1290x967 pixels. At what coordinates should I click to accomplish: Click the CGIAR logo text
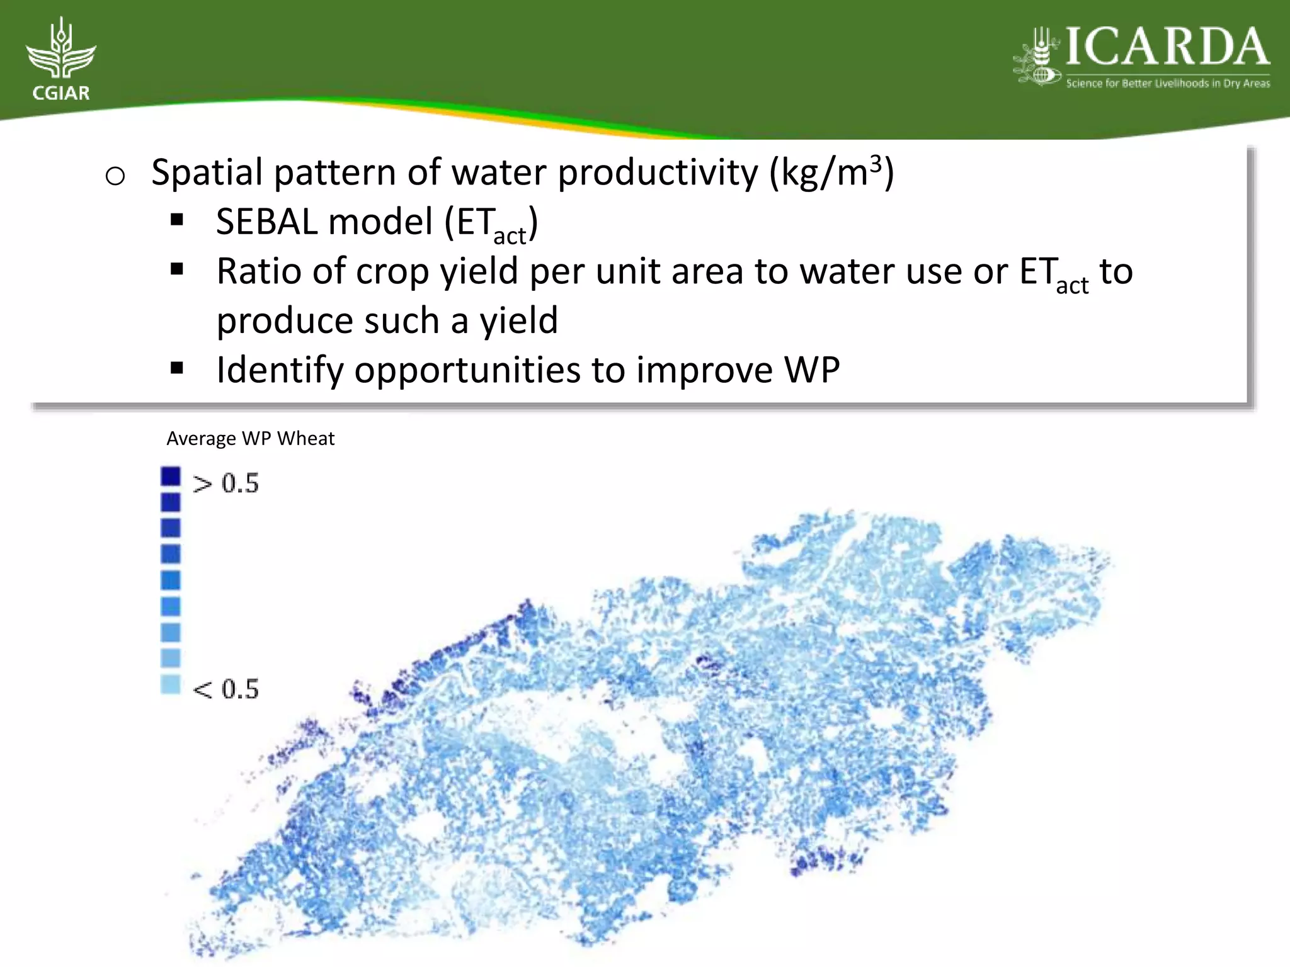[x=61, y=93]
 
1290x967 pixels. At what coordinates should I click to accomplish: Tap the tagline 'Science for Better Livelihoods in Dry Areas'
[x=1168, y=83]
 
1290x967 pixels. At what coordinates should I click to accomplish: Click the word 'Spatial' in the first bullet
[x=207, y=172]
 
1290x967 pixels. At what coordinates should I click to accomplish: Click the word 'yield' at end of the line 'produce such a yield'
[x=519, y=321]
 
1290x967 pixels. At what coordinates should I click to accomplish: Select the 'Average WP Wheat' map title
[x=250, y=438]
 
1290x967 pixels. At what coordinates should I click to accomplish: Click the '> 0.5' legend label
[x=225, y=483]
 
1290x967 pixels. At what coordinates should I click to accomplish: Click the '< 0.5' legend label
[x=225, y=689]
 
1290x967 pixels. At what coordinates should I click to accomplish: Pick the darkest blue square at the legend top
[x=171, y=476]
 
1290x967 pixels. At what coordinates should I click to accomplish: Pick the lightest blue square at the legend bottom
[x=171, y=684]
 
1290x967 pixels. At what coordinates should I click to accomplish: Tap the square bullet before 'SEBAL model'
[x=177, y=220]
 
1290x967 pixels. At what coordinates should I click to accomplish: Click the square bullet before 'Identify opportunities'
[x=177, y=368]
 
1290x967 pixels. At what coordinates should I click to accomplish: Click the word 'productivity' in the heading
[x=658, y=172]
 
